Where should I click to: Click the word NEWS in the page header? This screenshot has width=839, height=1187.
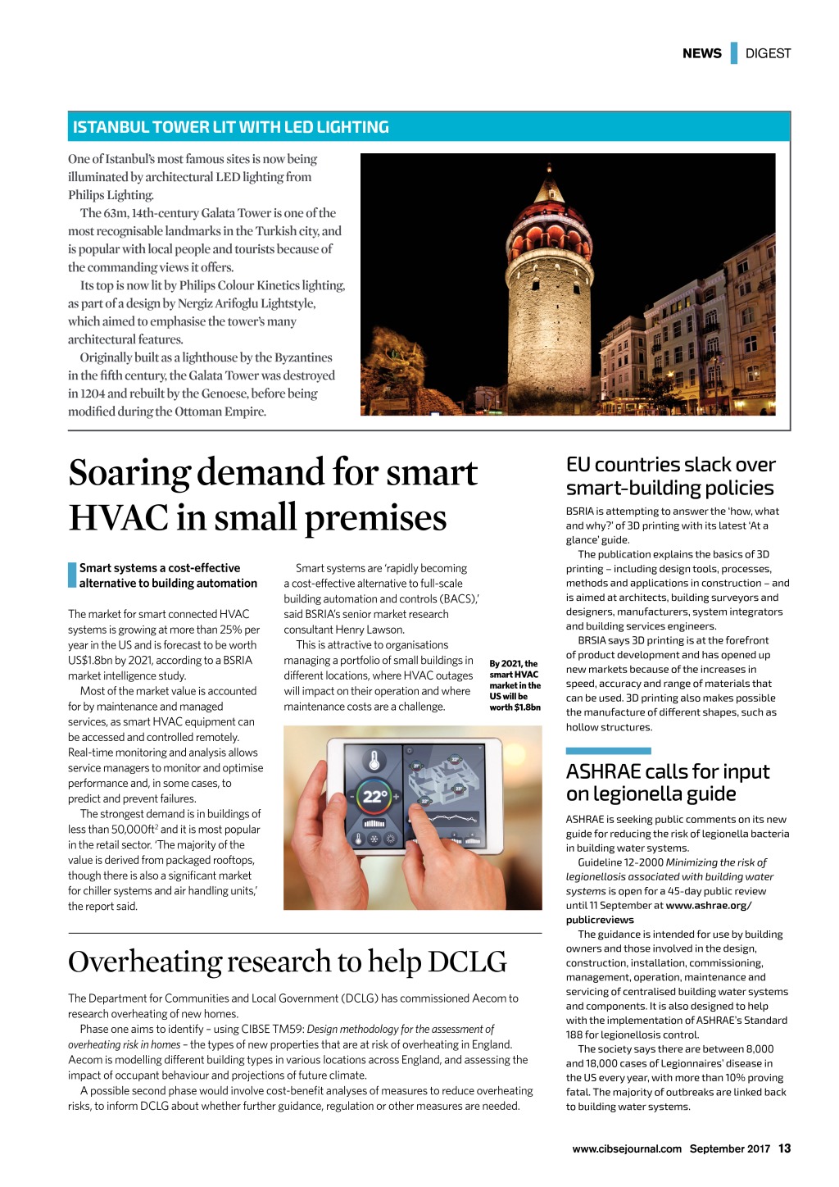(701, 53)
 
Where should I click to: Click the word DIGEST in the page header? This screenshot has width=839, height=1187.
(768, 53)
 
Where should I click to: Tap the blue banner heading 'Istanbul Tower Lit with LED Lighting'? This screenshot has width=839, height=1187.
(231, 127)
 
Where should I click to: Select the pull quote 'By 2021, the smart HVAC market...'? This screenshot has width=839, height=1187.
(515, 685)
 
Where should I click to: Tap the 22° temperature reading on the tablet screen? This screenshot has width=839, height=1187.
(375, 796)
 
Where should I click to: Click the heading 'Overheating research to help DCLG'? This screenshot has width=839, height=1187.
(287, 962)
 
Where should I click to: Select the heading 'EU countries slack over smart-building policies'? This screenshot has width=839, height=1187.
(669, 476)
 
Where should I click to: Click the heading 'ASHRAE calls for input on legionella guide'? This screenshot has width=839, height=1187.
(667, 782)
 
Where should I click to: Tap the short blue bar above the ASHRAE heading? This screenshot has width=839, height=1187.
(608, 751)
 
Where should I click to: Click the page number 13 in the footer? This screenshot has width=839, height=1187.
(784, 1148)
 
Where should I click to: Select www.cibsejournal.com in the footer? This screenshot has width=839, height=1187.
(627, 1148)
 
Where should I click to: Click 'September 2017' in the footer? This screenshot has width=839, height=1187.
(729, 1148)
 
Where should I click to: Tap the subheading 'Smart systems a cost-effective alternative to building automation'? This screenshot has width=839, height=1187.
(168, 575)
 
